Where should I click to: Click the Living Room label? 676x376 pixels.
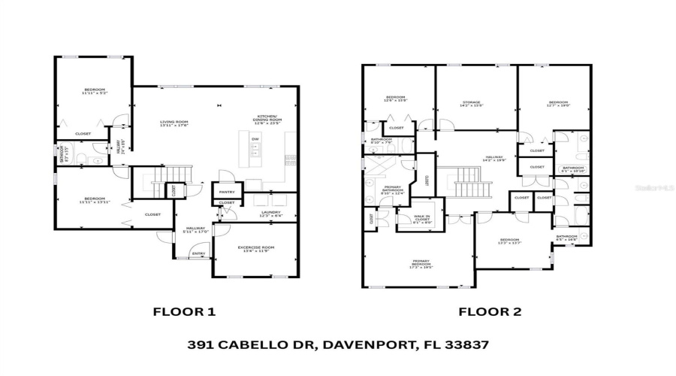(174, 122)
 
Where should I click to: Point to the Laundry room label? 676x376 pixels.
(270, 212)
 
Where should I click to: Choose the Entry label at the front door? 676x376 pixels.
(199, 254)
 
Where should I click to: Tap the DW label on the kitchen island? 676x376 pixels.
(255, 139)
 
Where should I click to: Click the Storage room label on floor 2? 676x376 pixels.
(471, 102)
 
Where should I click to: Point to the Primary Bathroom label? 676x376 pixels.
(393, 188)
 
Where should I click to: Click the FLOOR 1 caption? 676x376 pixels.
(184, 311)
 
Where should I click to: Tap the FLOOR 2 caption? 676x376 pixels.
(490, 311)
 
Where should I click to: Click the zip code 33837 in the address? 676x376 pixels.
(468, 345)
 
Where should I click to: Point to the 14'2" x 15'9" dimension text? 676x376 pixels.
(471, 106)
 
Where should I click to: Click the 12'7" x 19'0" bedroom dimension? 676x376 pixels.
(558, 106)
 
